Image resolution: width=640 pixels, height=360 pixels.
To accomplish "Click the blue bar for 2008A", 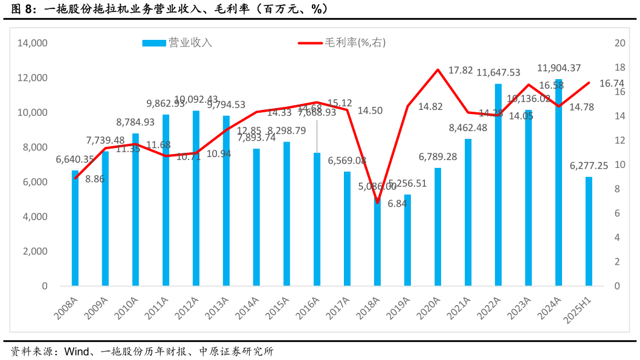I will pos(75,228).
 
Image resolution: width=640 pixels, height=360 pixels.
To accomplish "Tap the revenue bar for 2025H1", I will pos(589,231).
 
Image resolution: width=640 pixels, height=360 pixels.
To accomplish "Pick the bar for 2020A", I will pos(438,227).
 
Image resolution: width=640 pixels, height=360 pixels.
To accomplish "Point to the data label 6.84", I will pos(397,204).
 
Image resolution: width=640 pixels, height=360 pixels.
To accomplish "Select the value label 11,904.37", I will pos(559,68).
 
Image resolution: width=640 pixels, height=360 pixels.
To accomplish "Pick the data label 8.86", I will pos(95,179).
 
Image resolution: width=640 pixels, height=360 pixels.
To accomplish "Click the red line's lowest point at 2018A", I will pos(377,202).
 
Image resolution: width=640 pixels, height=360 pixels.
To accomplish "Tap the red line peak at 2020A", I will pos(438,69).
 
